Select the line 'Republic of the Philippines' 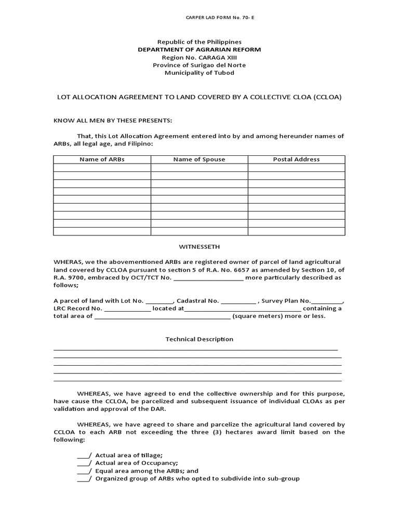199,42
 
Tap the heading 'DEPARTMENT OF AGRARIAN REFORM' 199,49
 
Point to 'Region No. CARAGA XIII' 199,57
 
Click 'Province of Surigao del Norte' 199,65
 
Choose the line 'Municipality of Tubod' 199,73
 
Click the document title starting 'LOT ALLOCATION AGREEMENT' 199,97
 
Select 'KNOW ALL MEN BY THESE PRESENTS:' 113,121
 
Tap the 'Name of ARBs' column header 102,159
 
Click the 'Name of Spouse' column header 199,159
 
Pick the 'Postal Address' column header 296,159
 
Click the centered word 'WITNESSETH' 199,246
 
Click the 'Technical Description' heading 199,339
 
